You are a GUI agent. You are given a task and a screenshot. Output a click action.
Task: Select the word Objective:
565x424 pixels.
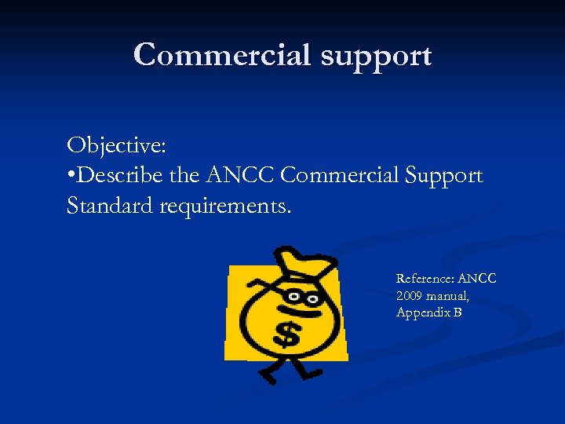coord(115,146)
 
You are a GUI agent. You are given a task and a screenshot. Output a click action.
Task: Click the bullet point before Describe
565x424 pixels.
coord(71,176)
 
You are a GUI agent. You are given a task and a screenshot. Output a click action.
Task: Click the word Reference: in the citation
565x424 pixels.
coord(425,279)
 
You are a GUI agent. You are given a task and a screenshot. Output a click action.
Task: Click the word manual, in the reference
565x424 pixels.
coord(449,295)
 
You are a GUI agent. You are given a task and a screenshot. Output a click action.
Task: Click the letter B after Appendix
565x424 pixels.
coord(457,313)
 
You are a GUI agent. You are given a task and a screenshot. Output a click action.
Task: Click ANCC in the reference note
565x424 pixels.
coord(477,279)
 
